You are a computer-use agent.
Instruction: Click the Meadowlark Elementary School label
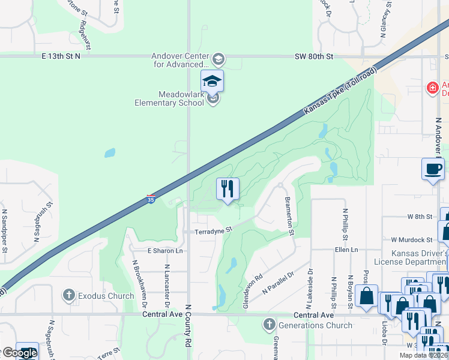181,98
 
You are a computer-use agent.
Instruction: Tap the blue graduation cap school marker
212,82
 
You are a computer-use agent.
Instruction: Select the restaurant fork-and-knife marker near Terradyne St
228,190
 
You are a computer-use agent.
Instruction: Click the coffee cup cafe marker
433,170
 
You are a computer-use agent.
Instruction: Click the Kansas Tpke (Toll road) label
340,92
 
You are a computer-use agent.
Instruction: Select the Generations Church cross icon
268,325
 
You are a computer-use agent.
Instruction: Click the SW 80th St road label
313,56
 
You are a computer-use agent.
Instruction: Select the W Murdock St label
411,239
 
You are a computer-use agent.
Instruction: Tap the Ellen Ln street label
346,250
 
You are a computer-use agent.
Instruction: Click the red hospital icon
432,89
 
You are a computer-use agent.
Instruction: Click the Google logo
19,353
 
